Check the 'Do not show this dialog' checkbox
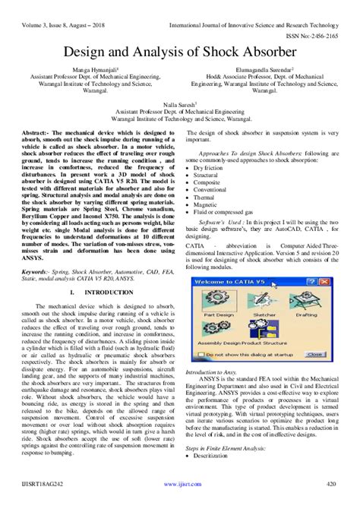point(201,354)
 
